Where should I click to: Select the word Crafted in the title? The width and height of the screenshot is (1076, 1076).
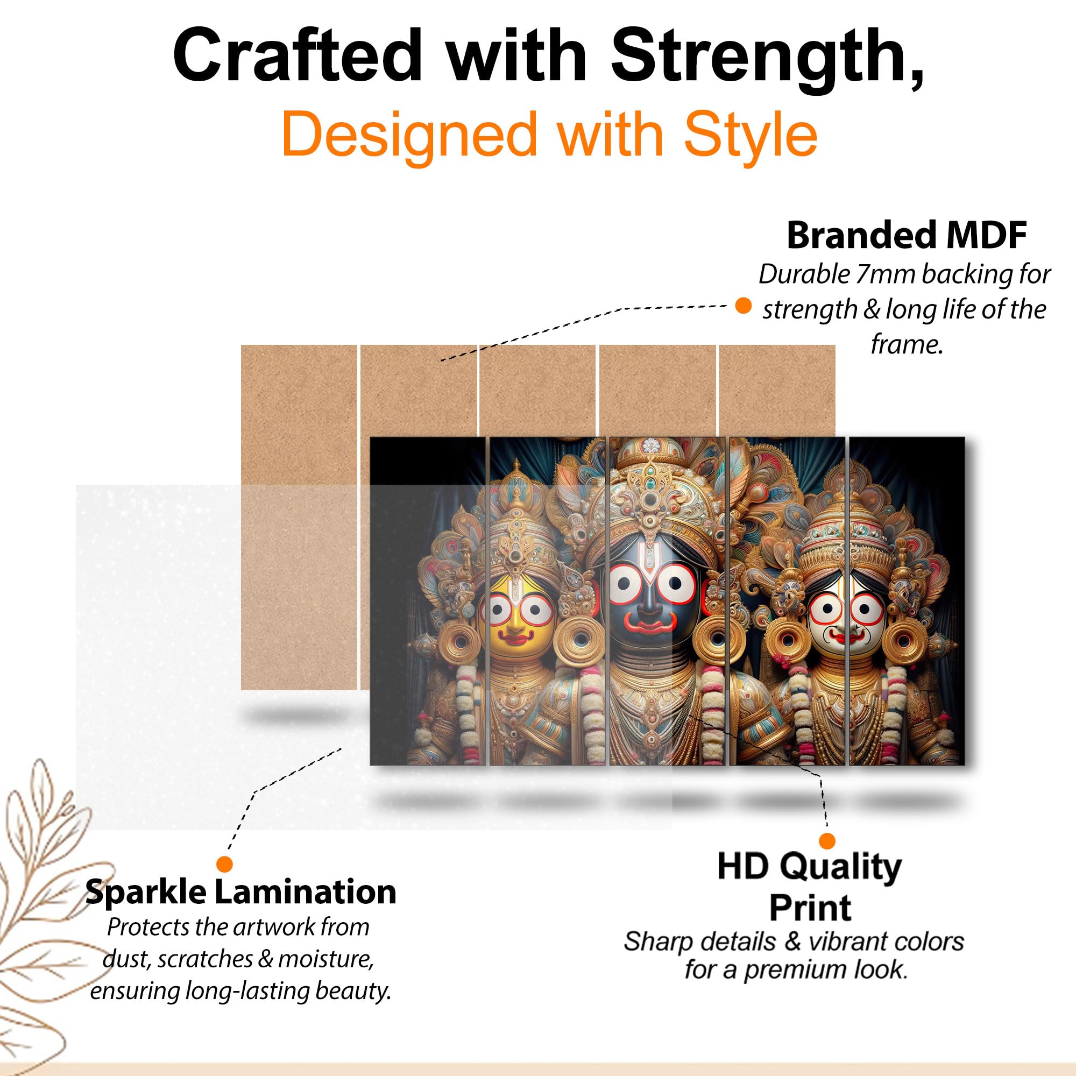(298, 56)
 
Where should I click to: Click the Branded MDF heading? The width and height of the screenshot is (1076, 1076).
(906, 236)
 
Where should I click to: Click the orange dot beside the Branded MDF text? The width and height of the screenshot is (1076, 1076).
(744, 306)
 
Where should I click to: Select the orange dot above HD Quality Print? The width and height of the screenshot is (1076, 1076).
(827, 841)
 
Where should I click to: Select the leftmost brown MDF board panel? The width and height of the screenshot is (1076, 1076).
(299, 517)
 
